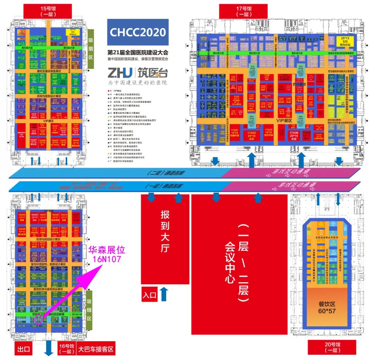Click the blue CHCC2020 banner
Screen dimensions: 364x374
point(138,32)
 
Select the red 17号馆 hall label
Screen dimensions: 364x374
point(245,11)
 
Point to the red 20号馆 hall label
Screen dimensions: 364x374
point(328,347)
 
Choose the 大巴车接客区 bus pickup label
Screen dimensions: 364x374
point(96,348)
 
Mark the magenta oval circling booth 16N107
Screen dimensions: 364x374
point(39,319)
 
